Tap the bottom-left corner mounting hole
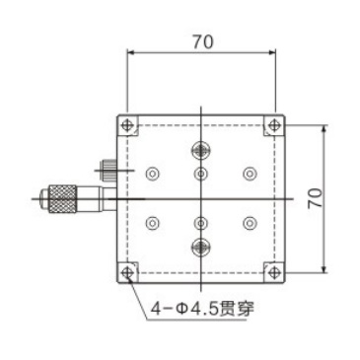click(127, 271)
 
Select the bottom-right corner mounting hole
click(272, 271)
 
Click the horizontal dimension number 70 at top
click(201, 42)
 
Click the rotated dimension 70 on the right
click(315, 197)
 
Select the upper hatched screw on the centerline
click(200, 150)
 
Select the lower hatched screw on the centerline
click(200, 246)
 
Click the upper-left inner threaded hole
click(151, 174)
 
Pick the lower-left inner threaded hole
click(151, 223)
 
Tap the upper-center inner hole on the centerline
click(200, 175)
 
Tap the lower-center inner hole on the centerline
click(200, 223)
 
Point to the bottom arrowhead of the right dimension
click(324, 267)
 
